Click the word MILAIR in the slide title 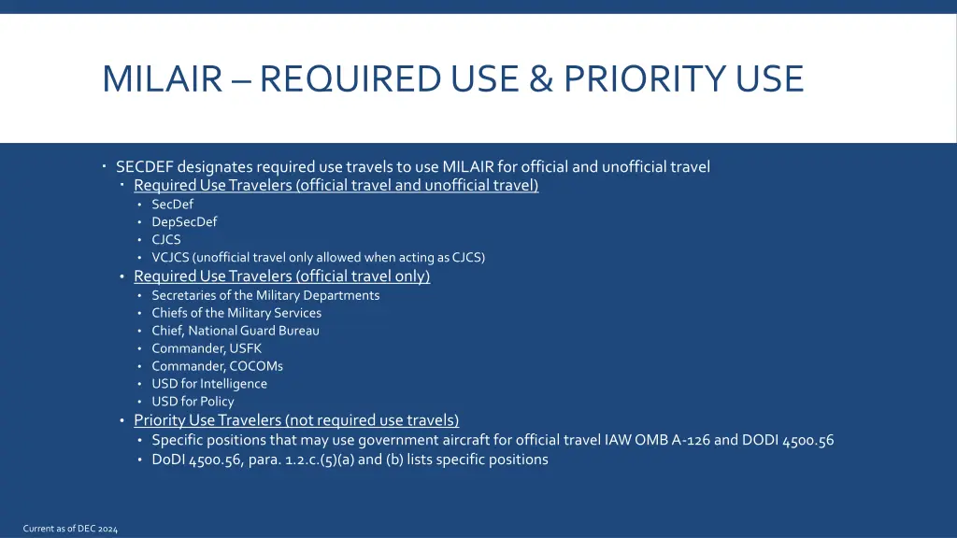coord(162,78)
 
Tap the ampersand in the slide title coord(540,78)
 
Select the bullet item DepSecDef coord(184,222)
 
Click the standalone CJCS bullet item coord(166,240)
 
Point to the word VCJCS coord(172,258)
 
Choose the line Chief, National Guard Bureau coord(236,331)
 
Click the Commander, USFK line coord(207,348)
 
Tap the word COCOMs coord(256,366)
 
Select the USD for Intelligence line coord(209,384)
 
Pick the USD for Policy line coord(193,402)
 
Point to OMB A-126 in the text coord(672,440)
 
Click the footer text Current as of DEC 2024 coord(70,529)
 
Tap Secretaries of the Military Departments coord(265,295)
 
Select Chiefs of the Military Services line coord(236,313)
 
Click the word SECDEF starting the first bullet coord(145,167)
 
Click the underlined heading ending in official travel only coord(281,276)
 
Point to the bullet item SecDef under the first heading coord(173,205)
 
